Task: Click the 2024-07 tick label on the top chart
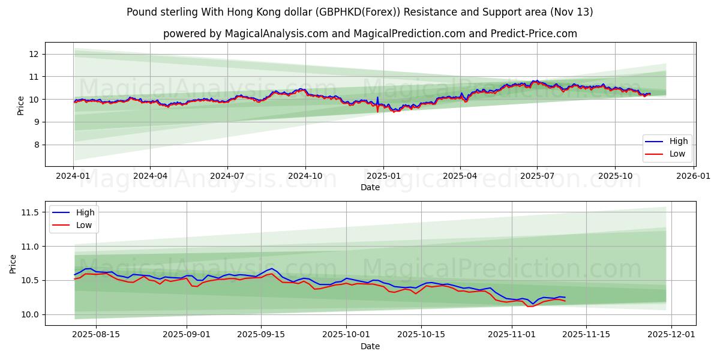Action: [227, 176]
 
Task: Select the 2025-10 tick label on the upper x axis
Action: [615, 176]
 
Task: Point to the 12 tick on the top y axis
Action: [34, 54]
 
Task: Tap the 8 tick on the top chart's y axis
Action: [37, 145]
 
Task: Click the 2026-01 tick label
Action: [693, 176]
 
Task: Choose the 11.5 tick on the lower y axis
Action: [29, 212]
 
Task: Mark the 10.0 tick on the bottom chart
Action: [29, 314]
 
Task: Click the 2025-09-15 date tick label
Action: [261, 335]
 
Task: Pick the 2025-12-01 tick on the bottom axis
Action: [671, 335]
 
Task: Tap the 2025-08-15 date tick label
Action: [96, 335]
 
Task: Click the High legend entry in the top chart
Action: [679, 142]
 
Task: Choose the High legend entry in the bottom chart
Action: [84, 213]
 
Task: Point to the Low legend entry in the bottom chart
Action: [83, 225]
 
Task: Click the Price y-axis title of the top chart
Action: [21, 106]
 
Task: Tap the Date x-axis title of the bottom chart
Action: [370, 346]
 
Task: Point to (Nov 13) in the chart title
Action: [572, 12]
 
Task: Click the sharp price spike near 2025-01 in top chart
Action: [377, 98]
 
